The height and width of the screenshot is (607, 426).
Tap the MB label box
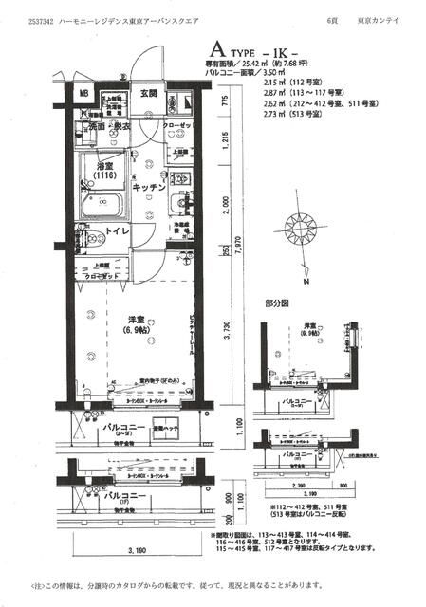coord(83,94)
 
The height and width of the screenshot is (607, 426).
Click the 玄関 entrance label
coord(149,93)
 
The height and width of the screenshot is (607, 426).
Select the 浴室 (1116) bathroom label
coord(106,170)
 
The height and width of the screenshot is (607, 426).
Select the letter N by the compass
coord(306,282)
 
